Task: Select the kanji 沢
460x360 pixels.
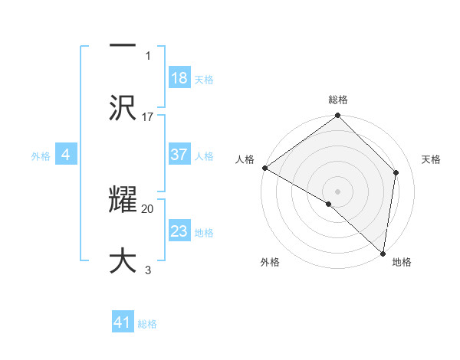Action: [x=123, y=107]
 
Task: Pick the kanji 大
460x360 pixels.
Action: [x=123, y=260]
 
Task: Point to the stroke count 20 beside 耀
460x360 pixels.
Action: [x=148, y=208]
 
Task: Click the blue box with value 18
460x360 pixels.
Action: [x=179, y=78]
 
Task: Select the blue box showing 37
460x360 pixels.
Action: [x=179, y=155]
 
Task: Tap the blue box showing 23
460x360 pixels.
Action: [x=179, y=231]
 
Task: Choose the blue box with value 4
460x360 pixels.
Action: [x=66, y=155]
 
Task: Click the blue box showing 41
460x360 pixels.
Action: [x=123, y=323]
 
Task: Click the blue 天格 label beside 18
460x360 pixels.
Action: [x=204, y=80]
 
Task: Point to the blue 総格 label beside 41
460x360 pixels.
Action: [x=147, y=324]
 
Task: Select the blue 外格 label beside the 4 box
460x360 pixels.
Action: [x=41, y=155]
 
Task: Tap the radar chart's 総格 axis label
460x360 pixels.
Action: [x=338, y=100]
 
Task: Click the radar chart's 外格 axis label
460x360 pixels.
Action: [x=270, y=262]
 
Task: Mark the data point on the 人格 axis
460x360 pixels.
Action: [x=264, y=168]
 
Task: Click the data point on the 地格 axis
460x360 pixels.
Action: [x=383, y=253]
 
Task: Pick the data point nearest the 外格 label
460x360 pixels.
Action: [x=328, y=204]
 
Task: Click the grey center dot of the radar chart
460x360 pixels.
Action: [x=337, y=191]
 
